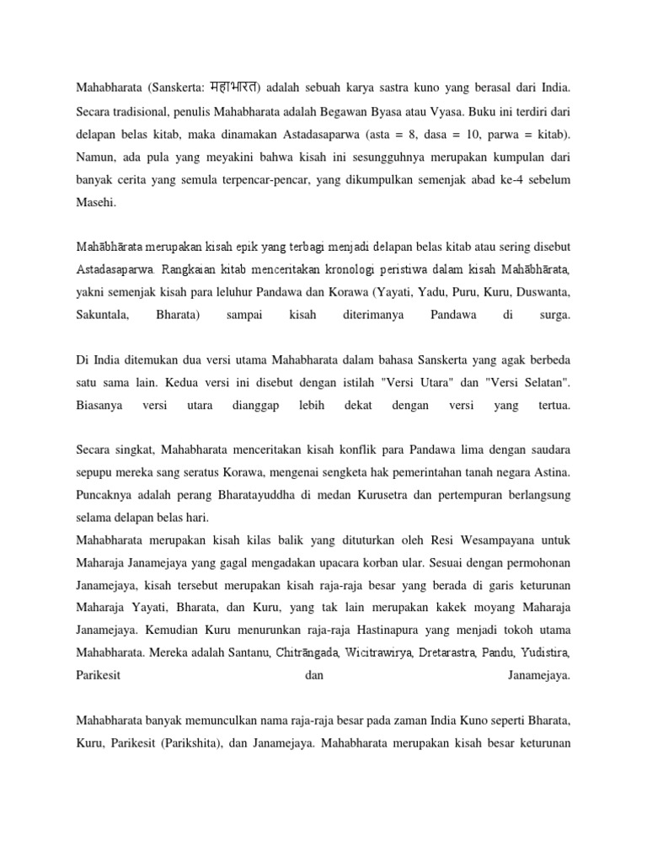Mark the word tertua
point(552,407)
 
